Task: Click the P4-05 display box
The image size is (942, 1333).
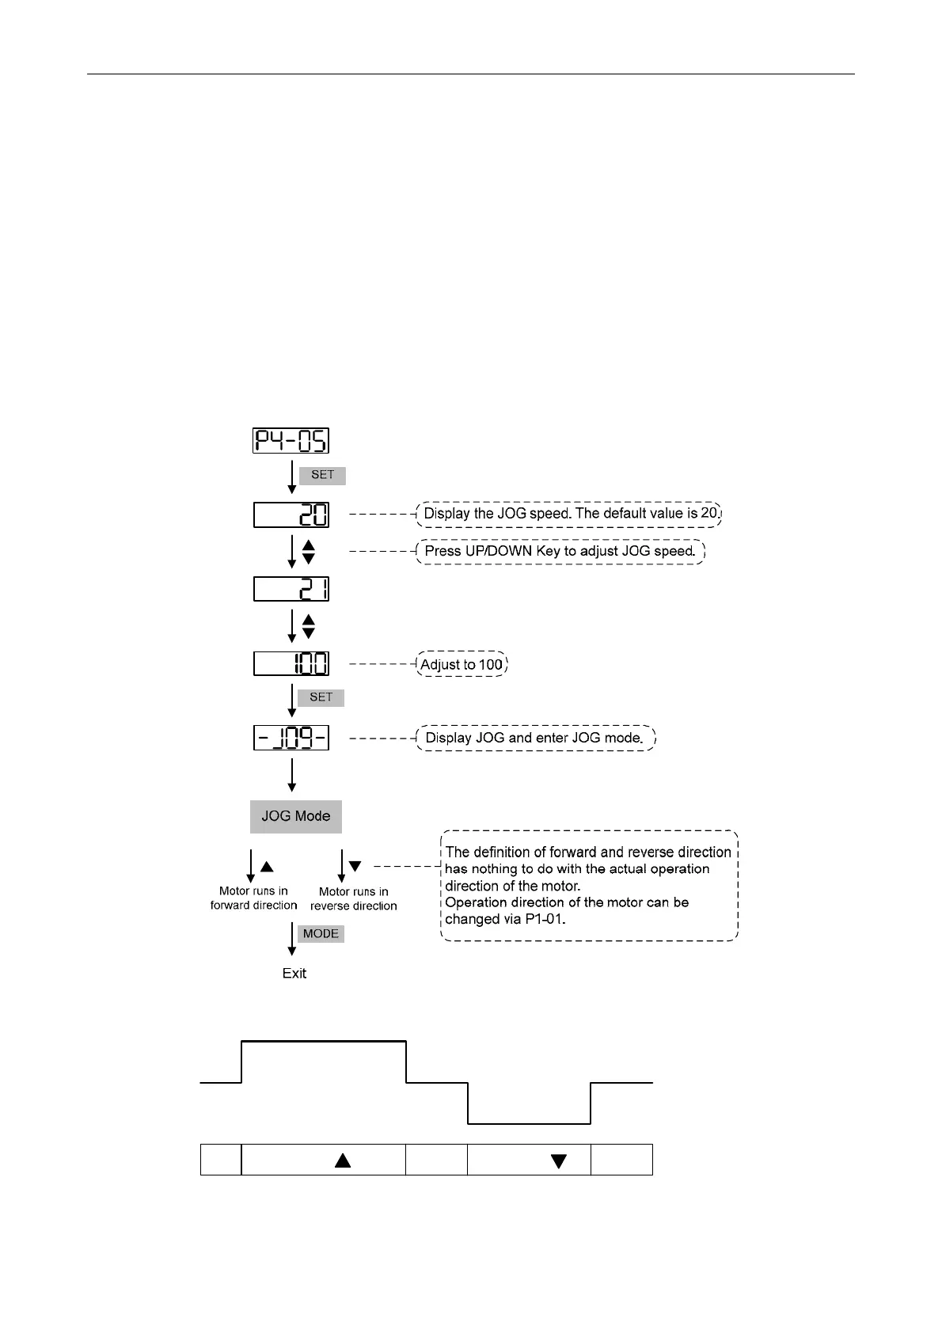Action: pyautogui.click(x=291, y=440)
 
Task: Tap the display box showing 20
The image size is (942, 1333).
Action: pyautogui.click(x=291, y=515)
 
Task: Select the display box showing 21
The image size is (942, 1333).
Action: pyautogui.click(x=291, y=589)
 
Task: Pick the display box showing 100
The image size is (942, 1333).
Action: pyautogui.click(x=291, y=663)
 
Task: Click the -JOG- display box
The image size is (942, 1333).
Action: pyautogui.click(x=291, y=739)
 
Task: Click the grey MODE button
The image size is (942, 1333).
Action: pyautogui.click(x=321, y=934)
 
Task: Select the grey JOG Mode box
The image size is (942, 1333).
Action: pyautogui.click(x=295, y=816)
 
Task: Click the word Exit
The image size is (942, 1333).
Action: pyautogui.click(x=294, y=974)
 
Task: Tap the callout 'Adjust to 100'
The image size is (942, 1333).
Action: pyautogui.click(x=462, y=664)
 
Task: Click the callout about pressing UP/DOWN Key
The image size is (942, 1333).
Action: pyautogui.click(x=560, y=551)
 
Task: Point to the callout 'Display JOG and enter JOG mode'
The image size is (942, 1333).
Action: pyautogui.click(x=535, y=738)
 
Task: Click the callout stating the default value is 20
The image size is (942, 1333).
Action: pyautogui.click(x=570, y=514)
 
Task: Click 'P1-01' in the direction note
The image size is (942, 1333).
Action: pyautogui.click(x=545, y=919)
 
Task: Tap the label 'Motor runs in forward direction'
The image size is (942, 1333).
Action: pyautogui.click(x=253, y=898)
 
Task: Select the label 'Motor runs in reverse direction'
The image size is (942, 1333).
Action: pyautogui.click(x=353, y=899)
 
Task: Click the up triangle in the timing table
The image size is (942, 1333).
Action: pyautogui.click(x=343, y=1160)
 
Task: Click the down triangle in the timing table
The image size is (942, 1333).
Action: pyautogui.click(x=559, y=1161)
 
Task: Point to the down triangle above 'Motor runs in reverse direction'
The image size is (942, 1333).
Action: pyautogui.click(x=355, y=867)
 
